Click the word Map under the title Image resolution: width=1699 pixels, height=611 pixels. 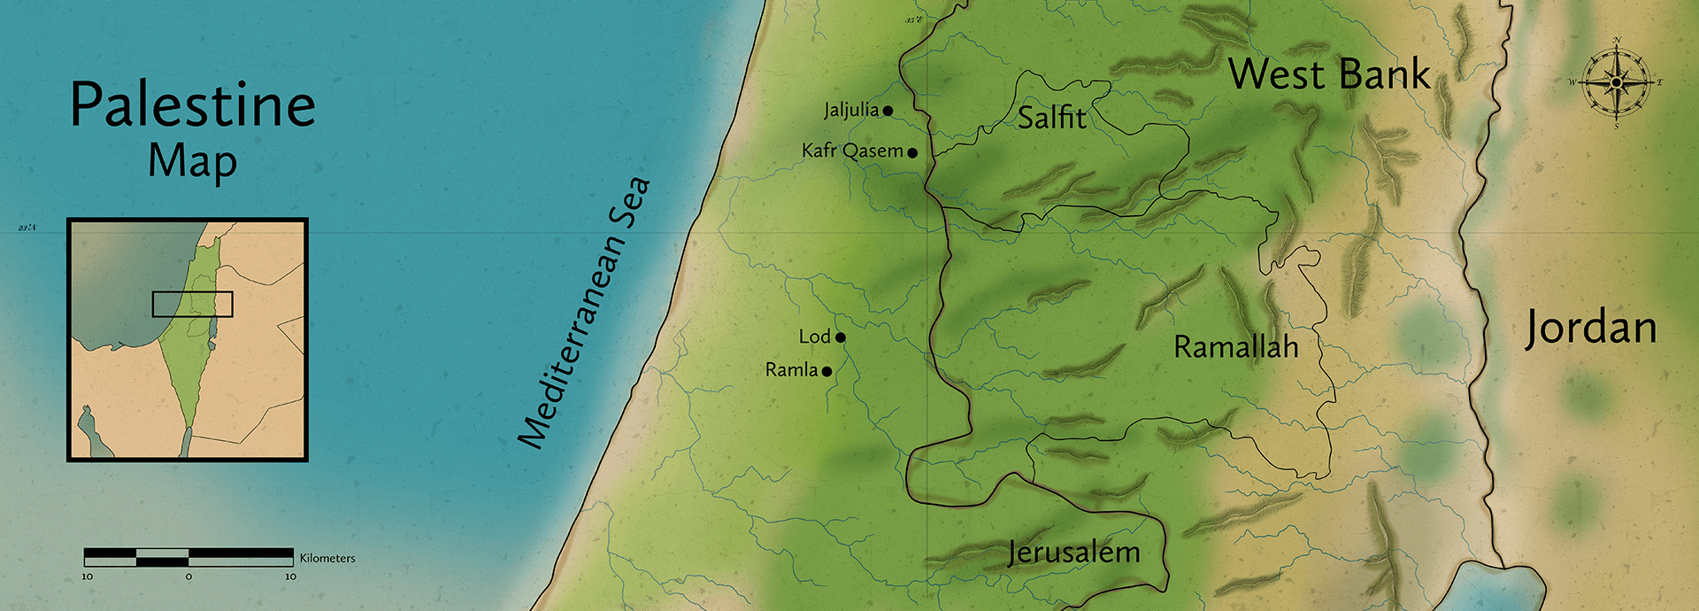[x=192, y=162]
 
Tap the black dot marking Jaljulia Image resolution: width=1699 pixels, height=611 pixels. [x=888, y=112]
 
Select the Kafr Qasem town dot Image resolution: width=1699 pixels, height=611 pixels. [x=912, y=153]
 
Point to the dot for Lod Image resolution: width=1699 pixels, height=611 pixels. [x=841, y=337]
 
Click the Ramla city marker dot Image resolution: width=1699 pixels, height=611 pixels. [x=826, y=372]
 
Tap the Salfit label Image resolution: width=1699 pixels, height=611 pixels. [x=1051, y=118]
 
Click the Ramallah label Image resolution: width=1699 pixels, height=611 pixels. [x=1235, y=347]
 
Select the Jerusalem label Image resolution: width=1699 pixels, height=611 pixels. [x=1073, y=553]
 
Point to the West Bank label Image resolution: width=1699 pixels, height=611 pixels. [x=1329, y=74]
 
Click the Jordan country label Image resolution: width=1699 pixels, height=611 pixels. [x=1590, y=329]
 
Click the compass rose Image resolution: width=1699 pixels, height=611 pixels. [x=1616, y=83]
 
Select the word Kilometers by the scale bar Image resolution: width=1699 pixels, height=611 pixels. [x=327, y=558]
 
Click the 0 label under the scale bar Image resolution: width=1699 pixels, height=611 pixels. [x=188, y=576]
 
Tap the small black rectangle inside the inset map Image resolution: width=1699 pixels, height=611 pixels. [x=192, y=304]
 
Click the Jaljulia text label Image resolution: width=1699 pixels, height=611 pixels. [x=850, y=110]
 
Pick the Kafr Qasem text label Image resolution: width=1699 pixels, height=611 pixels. [x=851, y=151]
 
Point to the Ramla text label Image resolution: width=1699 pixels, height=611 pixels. [x=790, y=370]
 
